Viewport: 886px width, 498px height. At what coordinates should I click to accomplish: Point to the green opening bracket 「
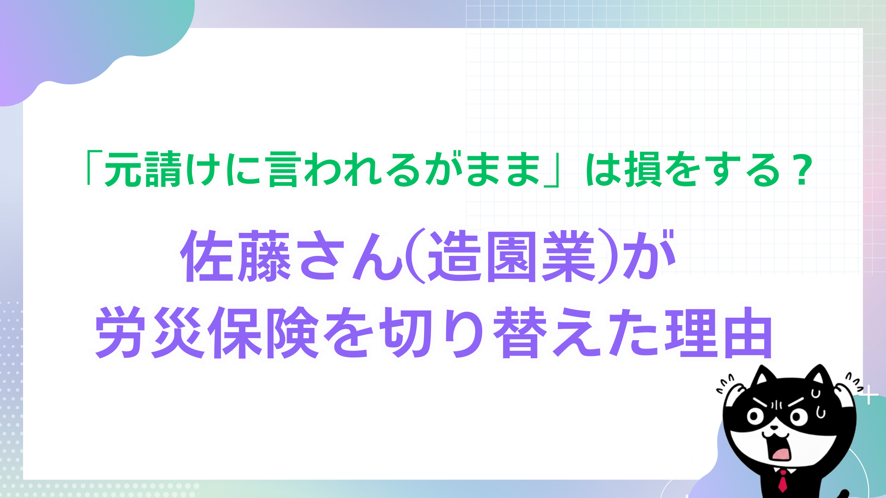click(x=92, y=169)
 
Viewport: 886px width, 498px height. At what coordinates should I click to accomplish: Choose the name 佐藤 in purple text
click(x=235, y=256)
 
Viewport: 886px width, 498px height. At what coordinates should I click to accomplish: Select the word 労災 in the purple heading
click(x=150, y=332)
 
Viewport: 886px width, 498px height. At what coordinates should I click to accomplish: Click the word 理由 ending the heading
click(x=718, y=332)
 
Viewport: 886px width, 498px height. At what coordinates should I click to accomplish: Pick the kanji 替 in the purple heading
click(x=520, y=332)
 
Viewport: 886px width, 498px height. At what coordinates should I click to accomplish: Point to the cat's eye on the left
click(x=755, y=417)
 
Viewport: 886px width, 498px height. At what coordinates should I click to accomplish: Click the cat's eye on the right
click(x=798, y=417)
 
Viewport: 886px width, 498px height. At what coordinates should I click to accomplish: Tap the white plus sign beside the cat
click(x=869, y=396)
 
